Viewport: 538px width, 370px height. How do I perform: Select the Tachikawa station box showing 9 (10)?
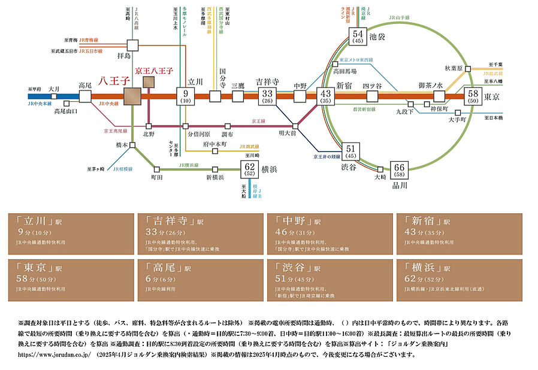186,96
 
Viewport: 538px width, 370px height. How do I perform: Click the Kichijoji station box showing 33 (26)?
267,96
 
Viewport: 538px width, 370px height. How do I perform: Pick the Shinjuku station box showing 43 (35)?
326,96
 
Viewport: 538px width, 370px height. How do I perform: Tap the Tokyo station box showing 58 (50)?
473,96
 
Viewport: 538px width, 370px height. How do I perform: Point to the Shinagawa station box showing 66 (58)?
399,169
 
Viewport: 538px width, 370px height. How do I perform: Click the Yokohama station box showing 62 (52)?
250,169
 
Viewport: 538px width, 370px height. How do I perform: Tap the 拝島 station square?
132,44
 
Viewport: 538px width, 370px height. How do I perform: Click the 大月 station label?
55,87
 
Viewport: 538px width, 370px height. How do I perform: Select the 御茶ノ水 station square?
440,96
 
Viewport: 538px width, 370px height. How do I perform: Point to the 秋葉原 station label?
454,69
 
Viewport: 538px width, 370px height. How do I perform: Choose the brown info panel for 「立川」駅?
71,234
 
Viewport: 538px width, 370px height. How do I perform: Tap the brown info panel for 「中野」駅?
329,234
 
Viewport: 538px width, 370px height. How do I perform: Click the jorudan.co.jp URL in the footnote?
54,354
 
